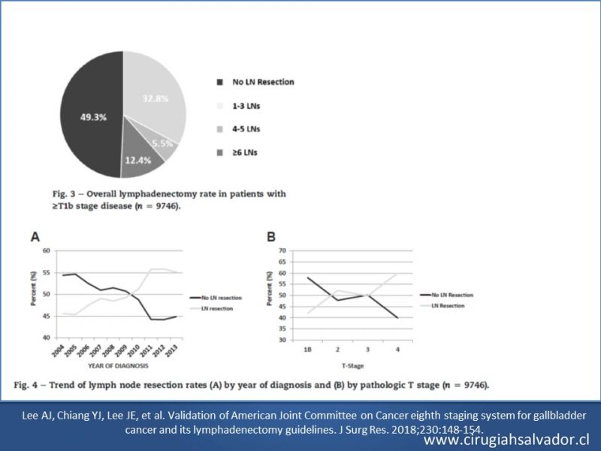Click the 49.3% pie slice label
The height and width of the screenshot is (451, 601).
[x=89, y=117]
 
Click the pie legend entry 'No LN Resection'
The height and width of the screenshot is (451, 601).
[x=263, y=81]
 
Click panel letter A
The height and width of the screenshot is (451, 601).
[x=35, y=237]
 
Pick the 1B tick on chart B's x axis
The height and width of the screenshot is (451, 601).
[x=308, y=350]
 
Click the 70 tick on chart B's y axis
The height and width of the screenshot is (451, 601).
[x=282, y=250]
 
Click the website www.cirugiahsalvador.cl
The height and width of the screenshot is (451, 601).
[x=510, y=439]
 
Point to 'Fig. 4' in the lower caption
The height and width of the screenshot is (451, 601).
[x=26, y=385]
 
